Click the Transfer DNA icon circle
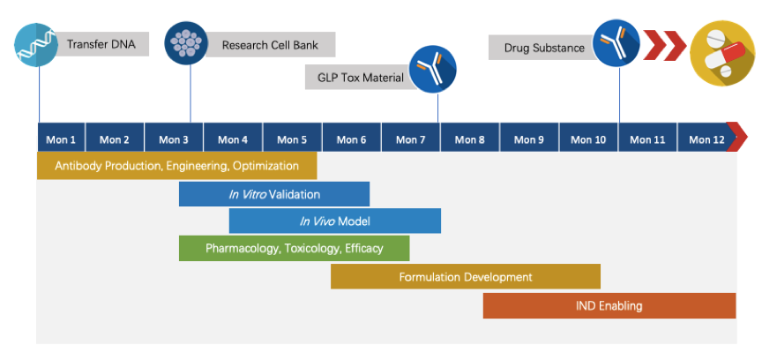[x=38, y=45]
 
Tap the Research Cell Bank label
[x=269, y=45]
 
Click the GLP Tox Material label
[x=360, y=78]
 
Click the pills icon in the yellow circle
[x=721, y=50]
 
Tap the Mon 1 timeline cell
[x=61, y=139]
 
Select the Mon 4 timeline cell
[x=233, y=139]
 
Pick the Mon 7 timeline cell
[x=411, y=139]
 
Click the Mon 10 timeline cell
[x=588, y=139]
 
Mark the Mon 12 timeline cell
[x=706, y=139]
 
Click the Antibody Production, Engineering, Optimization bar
[x=176, y=166]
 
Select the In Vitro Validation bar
[x=274, y=194]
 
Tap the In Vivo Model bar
[x=334, y=221]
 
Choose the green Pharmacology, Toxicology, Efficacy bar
[x=294, y=248]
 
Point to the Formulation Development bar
[x=466, y=277]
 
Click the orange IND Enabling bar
[x=609, y=306]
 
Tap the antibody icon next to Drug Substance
[x=616, y=43]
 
